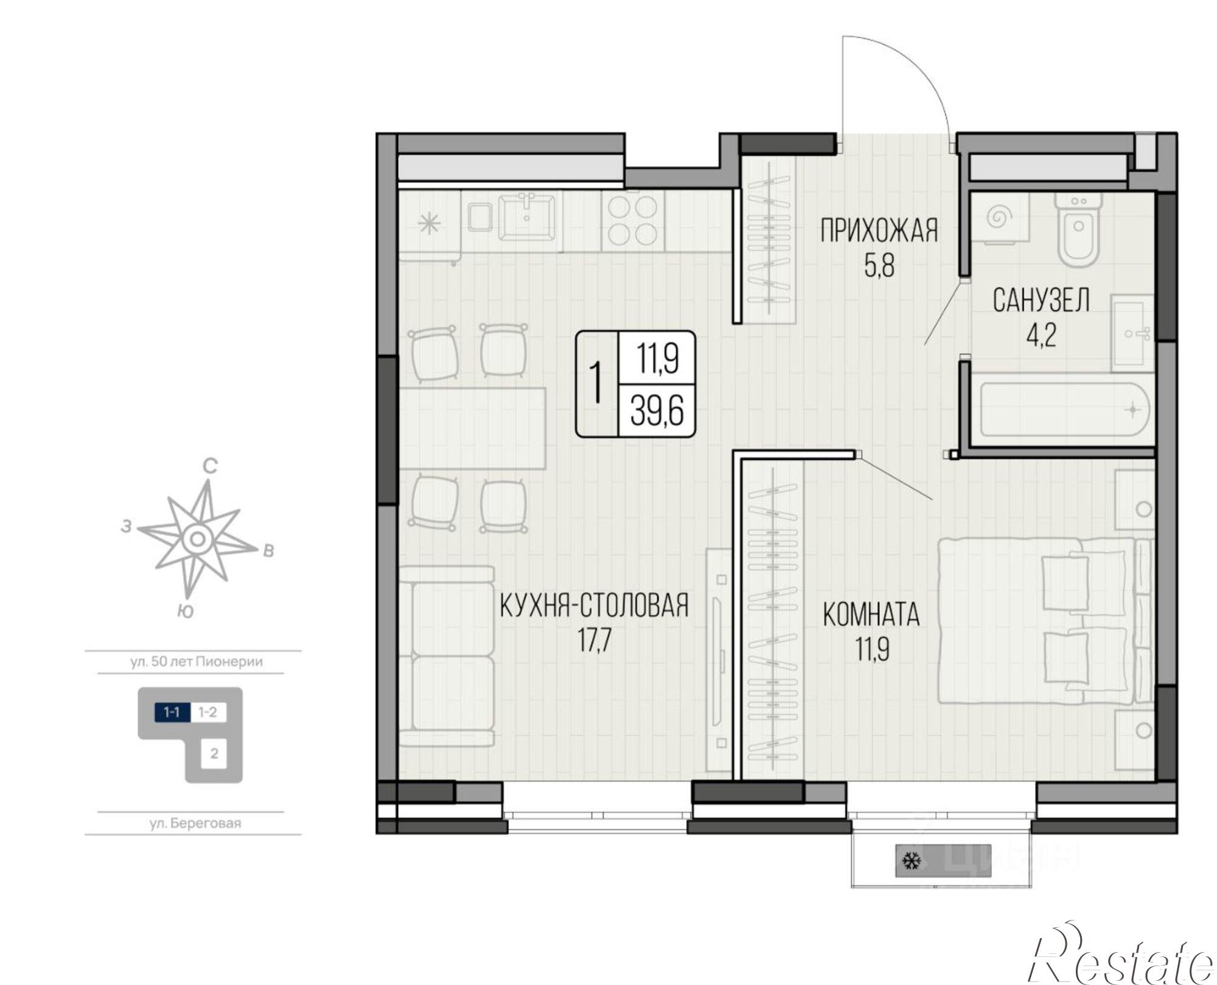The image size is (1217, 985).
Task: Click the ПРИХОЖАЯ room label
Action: coord(879,232)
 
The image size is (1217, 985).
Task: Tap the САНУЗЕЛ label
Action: coord(1041,301)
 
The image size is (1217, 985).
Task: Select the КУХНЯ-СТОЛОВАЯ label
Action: coord(594,605)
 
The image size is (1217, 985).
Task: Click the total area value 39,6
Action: coord(657,411)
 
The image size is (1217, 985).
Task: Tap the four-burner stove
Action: coord(633,221)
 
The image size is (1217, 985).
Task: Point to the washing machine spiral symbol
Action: coord(999,216)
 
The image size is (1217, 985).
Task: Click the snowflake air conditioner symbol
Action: coord(911,861)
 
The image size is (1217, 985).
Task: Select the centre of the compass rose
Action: coord(197,538)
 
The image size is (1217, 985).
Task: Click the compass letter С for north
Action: coord(210,467)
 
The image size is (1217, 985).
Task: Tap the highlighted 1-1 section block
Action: coord(172,712)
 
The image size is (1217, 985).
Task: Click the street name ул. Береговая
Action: coord(195,823)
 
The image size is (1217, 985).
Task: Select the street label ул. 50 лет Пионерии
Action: coord(197,661)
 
